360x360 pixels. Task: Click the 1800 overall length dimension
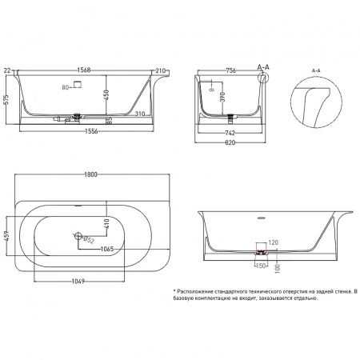90,174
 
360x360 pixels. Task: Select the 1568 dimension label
84,70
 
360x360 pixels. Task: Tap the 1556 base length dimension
91,131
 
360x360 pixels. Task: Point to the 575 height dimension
7,99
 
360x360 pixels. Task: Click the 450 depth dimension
106,95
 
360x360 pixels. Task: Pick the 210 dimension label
161,70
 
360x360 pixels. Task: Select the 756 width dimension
230,70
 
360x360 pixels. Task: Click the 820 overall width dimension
230,142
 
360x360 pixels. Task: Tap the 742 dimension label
230,133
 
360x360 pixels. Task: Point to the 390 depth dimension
223,97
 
